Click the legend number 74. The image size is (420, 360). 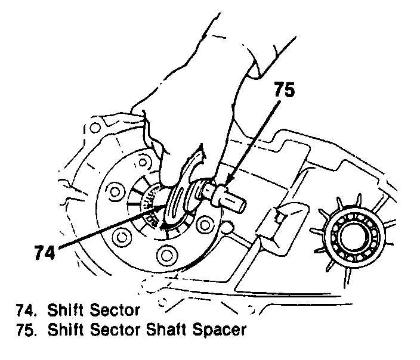click(x=27, y=310)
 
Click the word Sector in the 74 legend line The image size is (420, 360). click(x=118, y=310)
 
